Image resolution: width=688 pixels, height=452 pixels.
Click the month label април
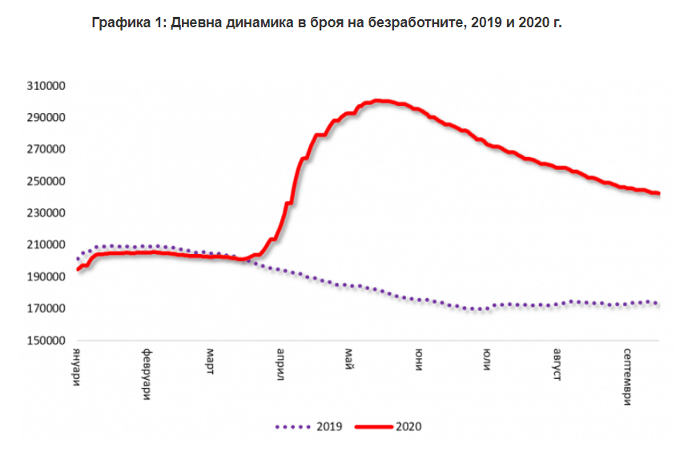pyautogui.click(x=282, y=365)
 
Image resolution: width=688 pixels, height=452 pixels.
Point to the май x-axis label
pyautogui.click(x=351, y=358)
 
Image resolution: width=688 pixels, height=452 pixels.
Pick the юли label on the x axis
pyautogui.click(x=487, y=359)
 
